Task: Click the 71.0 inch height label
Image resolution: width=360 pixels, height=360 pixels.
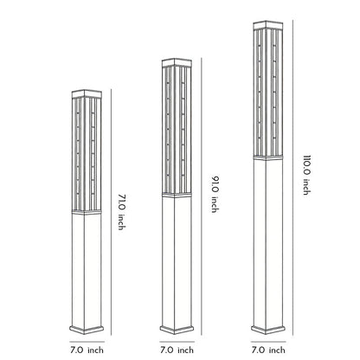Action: (x=121, y=212)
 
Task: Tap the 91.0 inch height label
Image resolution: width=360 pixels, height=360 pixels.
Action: (x=215, y=194)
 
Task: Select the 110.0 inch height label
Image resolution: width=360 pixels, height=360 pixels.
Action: (x=307, y=175)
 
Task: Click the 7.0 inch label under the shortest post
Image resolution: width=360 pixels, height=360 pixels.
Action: (x=87, y=350)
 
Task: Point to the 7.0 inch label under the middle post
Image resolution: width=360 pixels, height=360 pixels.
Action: (x=177, y=350)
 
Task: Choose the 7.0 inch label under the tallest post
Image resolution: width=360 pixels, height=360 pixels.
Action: (x=268, y=350)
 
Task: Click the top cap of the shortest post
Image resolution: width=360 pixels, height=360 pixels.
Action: (x=87, y=94)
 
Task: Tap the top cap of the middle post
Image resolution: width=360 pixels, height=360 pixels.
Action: (x=177, y=62)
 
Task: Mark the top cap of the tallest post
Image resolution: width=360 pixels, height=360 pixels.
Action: (x=268, y=25)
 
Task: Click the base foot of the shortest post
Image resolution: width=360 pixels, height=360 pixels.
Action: (x=87, y=330)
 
